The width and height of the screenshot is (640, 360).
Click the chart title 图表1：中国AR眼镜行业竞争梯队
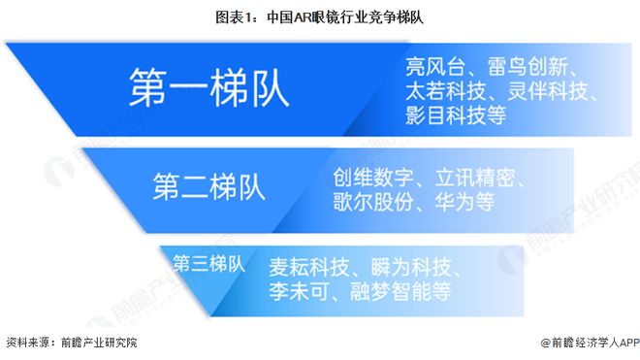(x=320, y=16)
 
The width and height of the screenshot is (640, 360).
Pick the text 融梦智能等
(x=399, y=289)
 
